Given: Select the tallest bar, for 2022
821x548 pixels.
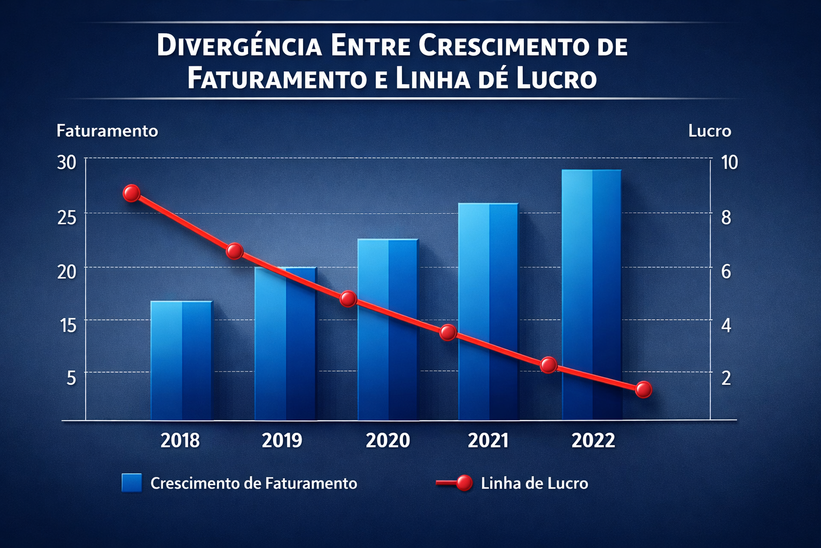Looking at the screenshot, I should (x=592, y=294).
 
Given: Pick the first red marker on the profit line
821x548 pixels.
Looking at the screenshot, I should (x=131, y=193).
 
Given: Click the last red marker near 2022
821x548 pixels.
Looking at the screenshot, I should (x=644, y=390).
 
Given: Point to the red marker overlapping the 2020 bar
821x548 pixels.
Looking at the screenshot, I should (x=348, y=299).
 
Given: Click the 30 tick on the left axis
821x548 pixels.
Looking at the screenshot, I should (x=67, y=163).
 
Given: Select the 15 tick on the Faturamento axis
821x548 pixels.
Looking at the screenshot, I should (x=68, y=325).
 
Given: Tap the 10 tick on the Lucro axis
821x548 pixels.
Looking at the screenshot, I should (x=729, y=163).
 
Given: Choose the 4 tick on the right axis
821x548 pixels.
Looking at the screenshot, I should (x=726, y=325).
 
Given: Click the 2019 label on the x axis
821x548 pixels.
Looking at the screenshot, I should (x=282, y=440).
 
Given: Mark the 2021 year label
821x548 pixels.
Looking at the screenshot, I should (x=488, y=440).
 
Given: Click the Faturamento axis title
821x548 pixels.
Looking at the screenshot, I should (x=107, y=131).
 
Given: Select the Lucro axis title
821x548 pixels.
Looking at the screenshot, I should (x=709, y=131).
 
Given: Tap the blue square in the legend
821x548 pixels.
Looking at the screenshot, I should (x=131, y=483).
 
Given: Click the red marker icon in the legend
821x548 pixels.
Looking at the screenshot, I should (x=464, y=483).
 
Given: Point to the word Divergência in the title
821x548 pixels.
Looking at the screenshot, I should (x=239, y=46).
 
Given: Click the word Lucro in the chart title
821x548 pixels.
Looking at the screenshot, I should (x=556, y=79).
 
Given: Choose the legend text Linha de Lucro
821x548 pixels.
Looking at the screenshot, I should (x=534, y=483).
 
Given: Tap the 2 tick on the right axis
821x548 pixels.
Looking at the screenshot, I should (x=726, y=378).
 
